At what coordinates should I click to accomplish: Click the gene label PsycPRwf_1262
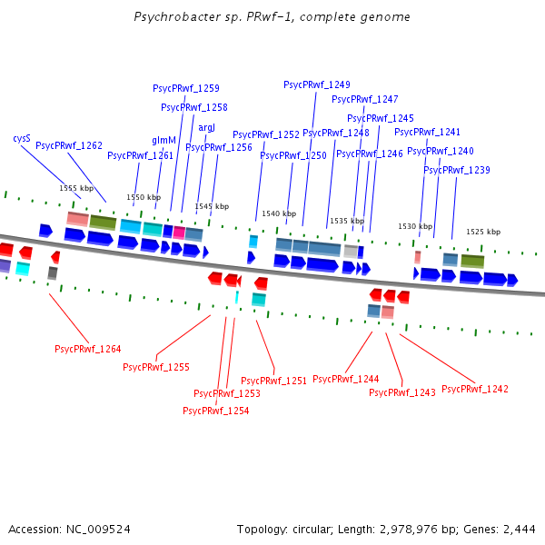pos(69,145)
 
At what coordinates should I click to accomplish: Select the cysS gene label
pos(22,138)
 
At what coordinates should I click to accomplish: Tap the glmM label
pos(163,140)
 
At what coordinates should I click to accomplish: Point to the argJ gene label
pos(206,127)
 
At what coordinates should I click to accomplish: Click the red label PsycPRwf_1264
pos(88,349)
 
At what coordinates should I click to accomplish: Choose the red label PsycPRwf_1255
pos(156,367)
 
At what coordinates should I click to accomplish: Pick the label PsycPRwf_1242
pos(475,389)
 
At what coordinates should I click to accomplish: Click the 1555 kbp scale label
pos(75,188)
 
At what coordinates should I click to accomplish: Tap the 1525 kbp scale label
pos(483,232)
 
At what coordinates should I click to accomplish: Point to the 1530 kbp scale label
pos(415,226)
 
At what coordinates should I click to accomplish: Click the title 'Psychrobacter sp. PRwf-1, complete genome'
pos(272,17)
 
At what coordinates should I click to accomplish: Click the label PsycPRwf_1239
pos(457,170)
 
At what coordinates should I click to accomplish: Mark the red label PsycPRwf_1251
pos(274,381)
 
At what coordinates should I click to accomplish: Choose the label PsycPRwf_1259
pos(185,88)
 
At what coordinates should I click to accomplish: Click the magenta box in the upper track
pos(179,233)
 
